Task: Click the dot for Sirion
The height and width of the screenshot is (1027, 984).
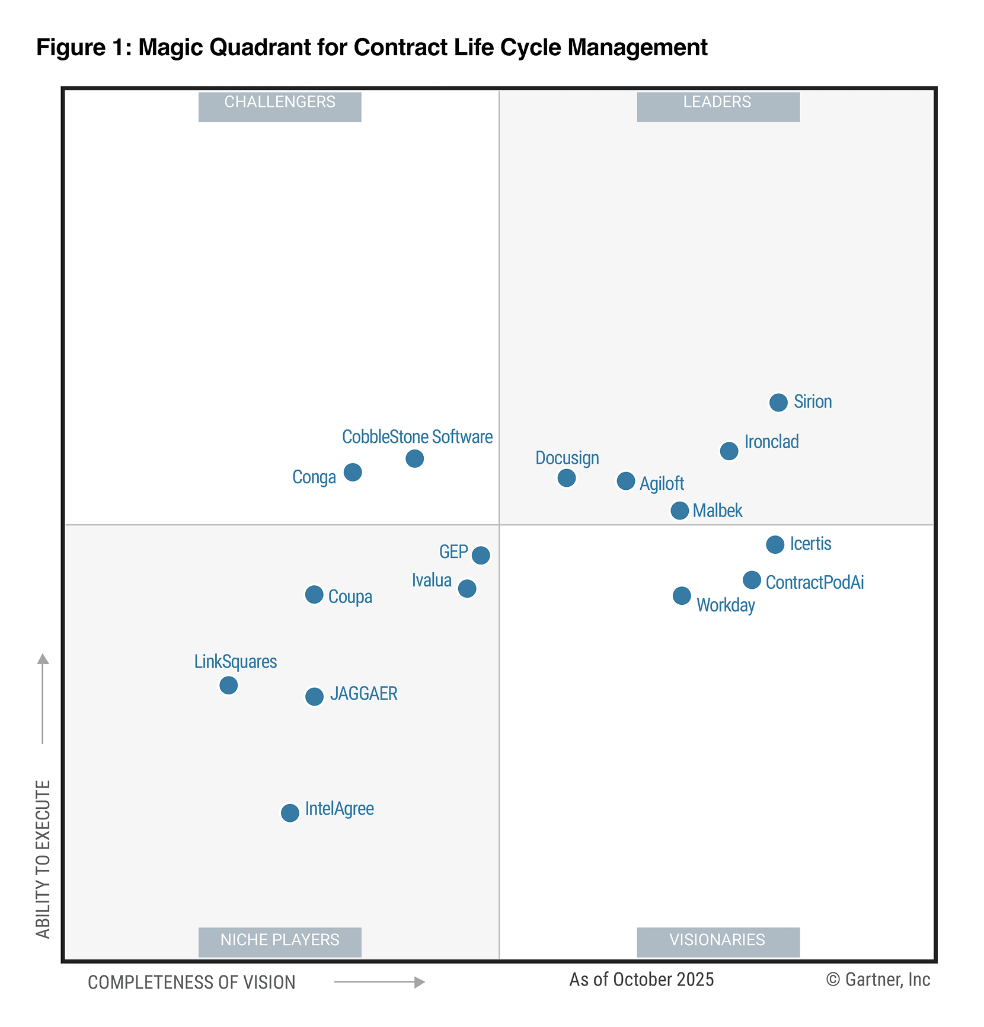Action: point(778,403)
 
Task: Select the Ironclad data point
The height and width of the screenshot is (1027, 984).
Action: point(729,451)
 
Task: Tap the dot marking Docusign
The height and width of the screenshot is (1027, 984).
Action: point(567,478)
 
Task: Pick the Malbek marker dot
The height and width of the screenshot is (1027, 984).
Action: point(680,511)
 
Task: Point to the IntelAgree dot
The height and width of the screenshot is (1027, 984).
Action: point(290,813)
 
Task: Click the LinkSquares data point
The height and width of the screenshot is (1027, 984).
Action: point(229,685)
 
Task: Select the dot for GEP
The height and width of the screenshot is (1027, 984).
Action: point(481,556)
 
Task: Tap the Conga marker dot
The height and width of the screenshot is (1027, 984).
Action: point(353,473)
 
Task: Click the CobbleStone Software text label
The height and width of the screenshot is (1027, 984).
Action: point(417,437)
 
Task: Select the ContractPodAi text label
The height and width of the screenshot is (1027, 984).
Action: point(814,582)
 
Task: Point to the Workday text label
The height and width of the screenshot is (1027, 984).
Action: point(726,605)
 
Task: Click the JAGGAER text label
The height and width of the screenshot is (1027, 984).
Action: point(363,694)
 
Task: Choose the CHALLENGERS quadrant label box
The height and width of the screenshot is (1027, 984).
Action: point(280,107)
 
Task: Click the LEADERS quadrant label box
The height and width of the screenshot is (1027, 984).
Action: point(718,107)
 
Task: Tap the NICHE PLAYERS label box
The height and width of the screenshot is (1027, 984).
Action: point(280,942)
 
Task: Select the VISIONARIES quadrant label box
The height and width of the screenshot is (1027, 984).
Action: point(718,942)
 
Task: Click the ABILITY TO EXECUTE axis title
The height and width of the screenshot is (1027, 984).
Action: point(43,860)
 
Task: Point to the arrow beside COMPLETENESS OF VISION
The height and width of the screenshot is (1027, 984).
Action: point(379,983)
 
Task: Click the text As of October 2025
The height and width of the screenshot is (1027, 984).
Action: point(641,980)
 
